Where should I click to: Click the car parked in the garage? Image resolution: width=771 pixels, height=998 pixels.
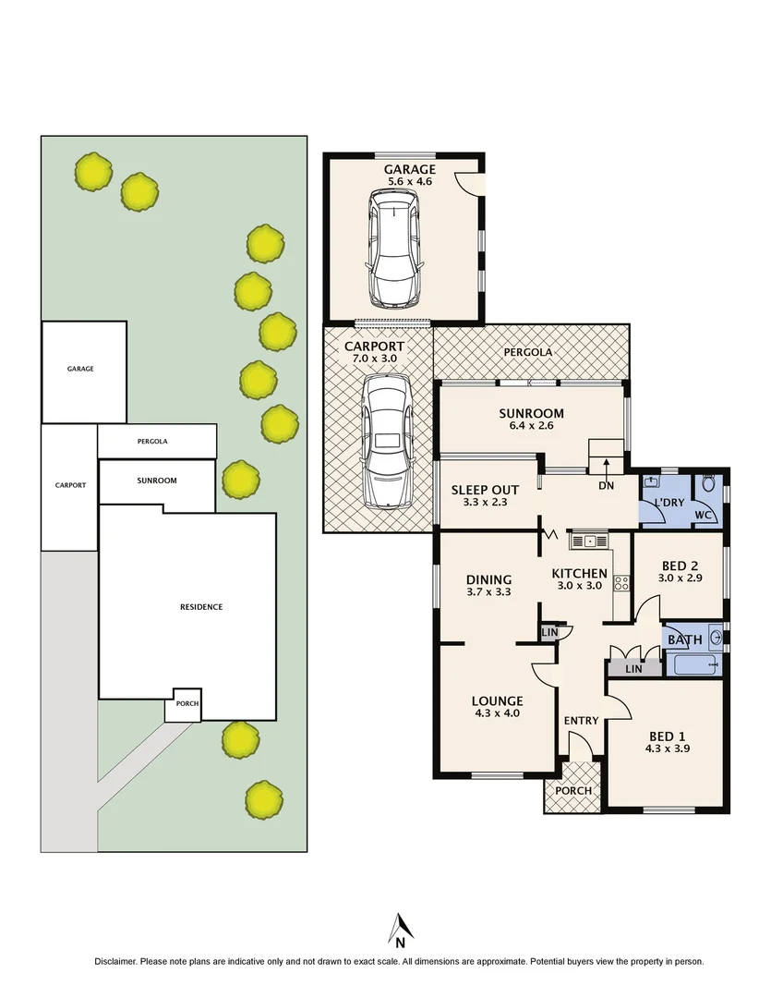[x=395, y=249]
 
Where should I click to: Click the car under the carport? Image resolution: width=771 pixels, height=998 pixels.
[x=387, y=441]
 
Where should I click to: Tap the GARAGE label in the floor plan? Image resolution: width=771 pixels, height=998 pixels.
[x=411, y=169]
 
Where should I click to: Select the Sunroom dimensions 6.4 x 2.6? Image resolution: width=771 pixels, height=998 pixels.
[x=531, y=427]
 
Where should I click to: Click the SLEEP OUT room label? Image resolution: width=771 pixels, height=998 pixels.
[x=485, y=490]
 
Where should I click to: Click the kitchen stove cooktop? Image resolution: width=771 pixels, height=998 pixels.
[x=621, y=583]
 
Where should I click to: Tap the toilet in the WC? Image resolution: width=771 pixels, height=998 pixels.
[x=709, y=484]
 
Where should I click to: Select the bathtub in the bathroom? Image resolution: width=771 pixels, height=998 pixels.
[x=693, y=665]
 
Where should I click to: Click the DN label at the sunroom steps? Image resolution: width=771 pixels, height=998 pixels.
[x=606, y=485]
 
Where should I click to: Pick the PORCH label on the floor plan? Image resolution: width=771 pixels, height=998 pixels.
[x=572, y=791]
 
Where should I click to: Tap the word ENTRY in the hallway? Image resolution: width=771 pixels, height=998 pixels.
[x=581, y=721]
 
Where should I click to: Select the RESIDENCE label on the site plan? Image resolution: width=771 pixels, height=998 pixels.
[x=201, y=607]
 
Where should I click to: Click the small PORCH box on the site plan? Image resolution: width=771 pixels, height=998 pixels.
[x=182, y=704]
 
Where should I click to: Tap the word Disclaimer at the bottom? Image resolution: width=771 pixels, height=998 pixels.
[x=116, y=961]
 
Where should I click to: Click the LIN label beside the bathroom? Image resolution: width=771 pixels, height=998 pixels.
[x=633, y=668]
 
